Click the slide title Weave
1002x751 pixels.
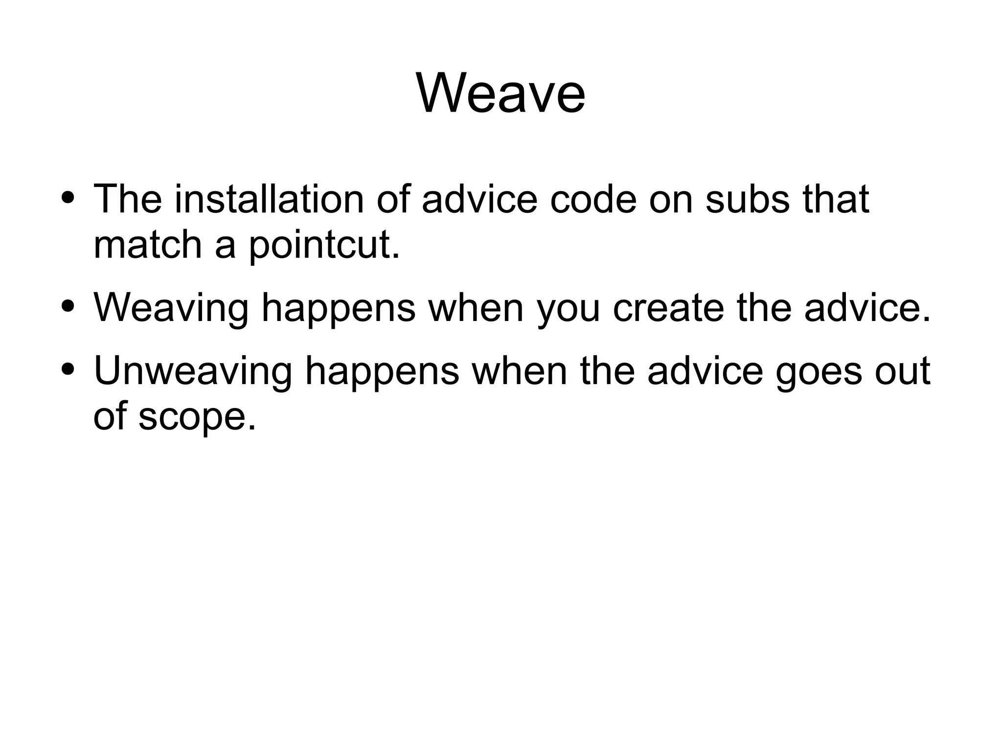pos(501,93)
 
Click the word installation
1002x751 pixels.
pos(269,199)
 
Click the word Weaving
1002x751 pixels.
pos(171,308)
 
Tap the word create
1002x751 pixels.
pos(668,308)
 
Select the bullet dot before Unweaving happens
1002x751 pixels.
pos(68,370)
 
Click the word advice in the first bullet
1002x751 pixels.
pos(479,199)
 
